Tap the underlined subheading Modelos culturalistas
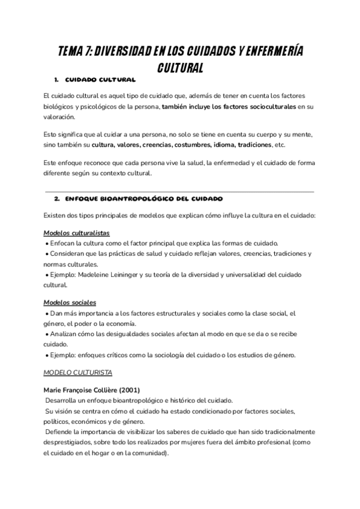pyautogui.click(x=76, y=232)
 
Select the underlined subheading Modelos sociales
pyautogui.click(x=70, y=303)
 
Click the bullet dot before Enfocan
pyautogui.click(x=47, y=244)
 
